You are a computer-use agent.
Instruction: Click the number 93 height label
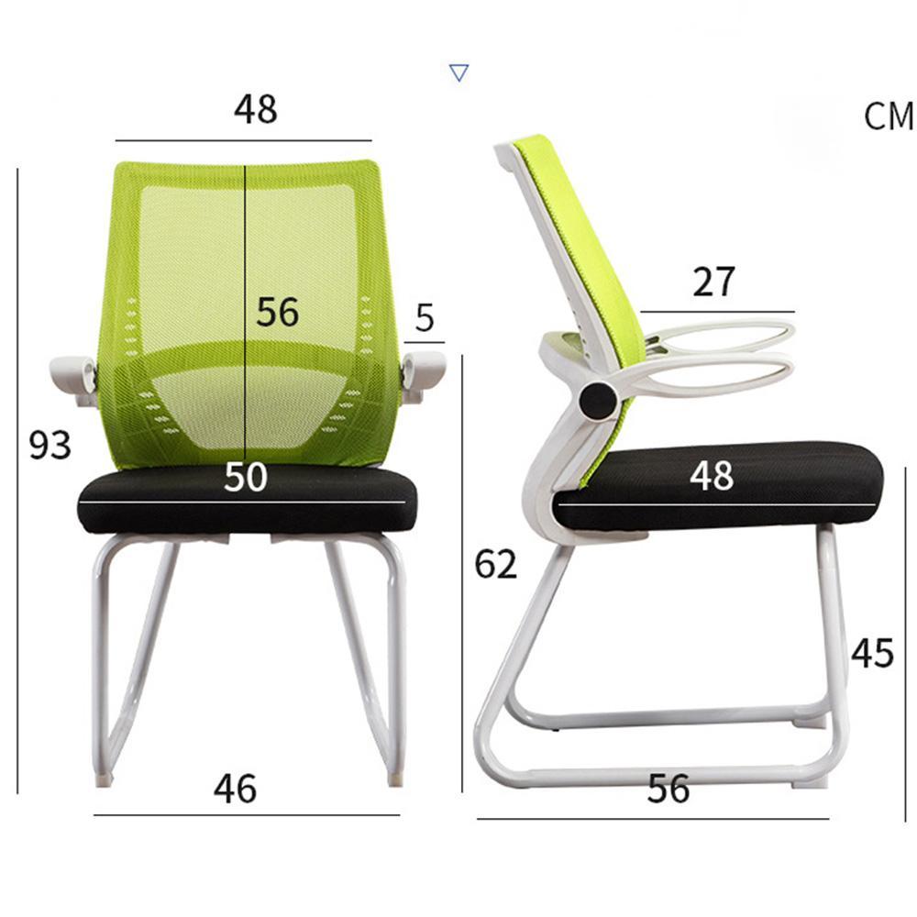50,446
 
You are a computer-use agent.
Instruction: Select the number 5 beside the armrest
425,317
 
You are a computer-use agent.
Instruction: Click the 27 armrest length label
713,282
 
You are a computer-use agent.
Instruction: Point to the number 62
496,565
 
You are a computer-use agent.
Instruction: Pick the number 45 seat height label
872,653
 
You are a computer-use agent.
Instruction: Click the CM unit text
889,116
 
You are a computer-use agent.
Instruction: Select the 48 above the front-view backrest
255,110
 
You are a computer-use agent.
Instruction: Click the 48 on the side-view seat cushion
712,475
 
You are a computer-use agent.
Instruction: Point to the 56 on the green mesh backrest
277,313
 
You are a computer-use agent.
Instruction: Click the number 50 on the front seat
246,478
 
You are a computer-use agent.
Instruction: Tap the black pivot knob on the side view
598,398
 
